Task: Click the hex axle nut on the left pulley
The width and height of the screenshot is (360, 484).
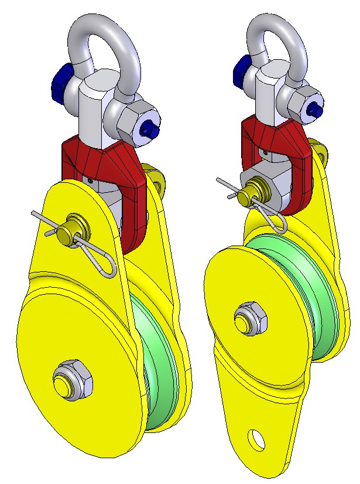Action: [x=72, y=380]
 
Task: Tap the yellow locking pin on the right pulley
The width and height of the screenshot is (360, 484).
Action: [x=255, y=191]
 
